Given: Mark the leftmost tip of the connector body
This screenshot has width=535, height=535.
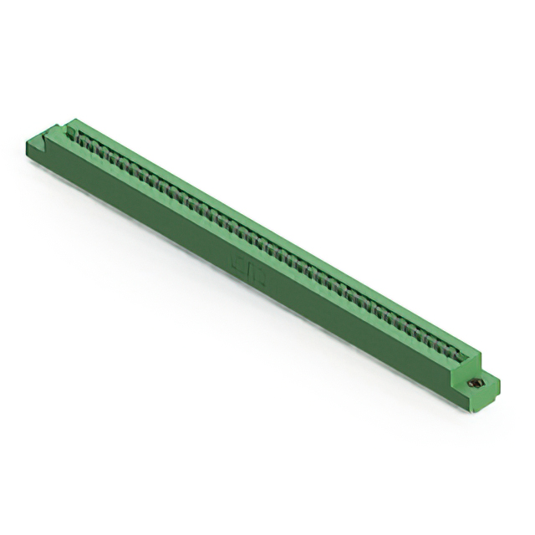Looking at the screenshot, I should [x=28, y=145].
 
